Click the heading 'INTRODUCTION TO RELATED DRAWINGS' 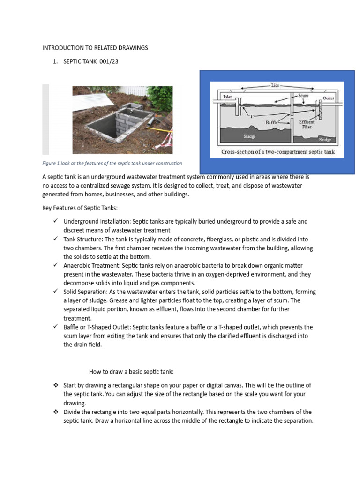click(95, 48)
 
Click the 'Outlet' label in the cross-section click(329, 98)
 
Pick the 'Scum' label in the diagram click(303, 95)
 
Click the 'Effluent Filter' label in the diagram click(307, 124)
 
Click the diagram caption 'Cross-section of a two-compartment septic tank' click(278, 152)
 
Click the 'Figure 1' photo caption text click(112, 163)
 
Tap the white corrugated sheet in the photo click(45, 120)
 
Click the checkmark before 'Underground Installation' click(56, 221)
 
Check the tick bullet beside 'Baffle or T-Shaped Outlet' click(56, 327)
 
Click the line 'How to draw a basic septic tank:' click(132, 372)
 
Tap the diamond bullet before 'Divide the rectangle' click(56, 412)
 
